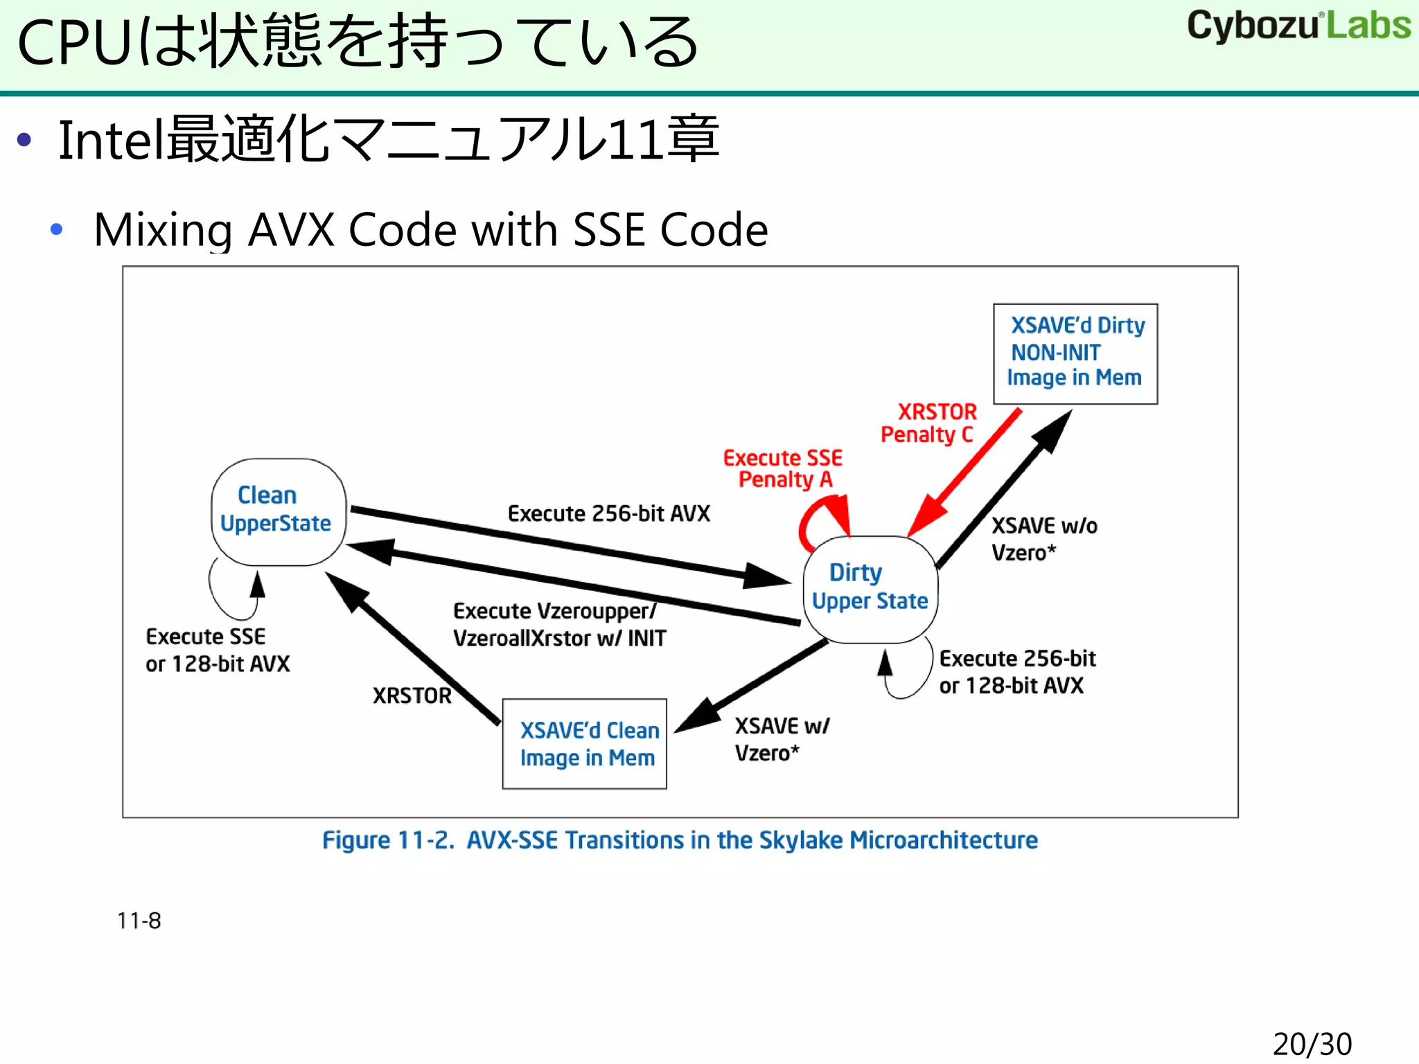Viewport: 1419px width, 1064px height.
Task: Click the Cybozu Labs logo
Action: [x=1298, y=26]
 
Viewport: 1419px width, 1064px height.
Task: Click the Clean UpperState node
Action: [x=278, y=511]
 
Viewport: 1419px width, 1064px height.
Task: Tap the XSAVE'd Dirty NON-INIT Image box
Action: [x=1075, y=353]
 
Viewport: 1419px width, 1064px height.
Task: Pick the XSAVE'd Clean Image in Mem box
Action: [x=585, y=744]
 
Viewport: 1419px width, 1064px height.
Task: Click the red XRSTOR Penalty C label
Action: [x=928, y=423]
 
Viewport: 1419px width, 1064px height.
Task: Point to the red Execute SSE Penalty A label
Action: [x=783, y=469]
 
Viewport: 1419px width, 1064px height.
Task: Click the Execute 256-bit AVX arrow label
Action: [x=608, y=513]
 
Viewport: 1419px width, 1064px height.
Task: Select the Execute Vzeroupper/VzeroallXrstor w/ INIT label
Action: [x=558, y=624]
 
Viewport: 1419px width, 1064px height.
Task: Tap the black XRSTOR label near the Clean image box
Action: [x=412, y=695]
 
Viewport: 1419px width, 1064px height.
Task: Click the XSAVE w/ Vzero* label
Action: [x=780, y=739]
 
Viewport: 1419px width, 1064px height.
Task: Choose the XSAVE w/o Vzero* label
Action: [x=1043, y=539]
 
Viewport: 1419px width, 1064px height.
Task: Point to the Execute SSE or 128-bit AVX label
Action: [x=217, y=650]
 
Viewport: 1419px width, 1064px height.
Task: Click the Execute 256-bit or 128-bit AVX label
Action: [x=1016, y=671]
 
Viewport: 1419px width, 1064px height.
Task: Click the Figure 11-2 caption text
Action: [x=680, y=840]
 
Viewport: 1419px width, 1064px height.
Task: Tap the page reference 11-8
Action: [x=139, y=921]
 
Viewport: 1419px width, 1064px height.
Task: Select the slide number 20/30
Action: [x=1312, y=1044]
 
